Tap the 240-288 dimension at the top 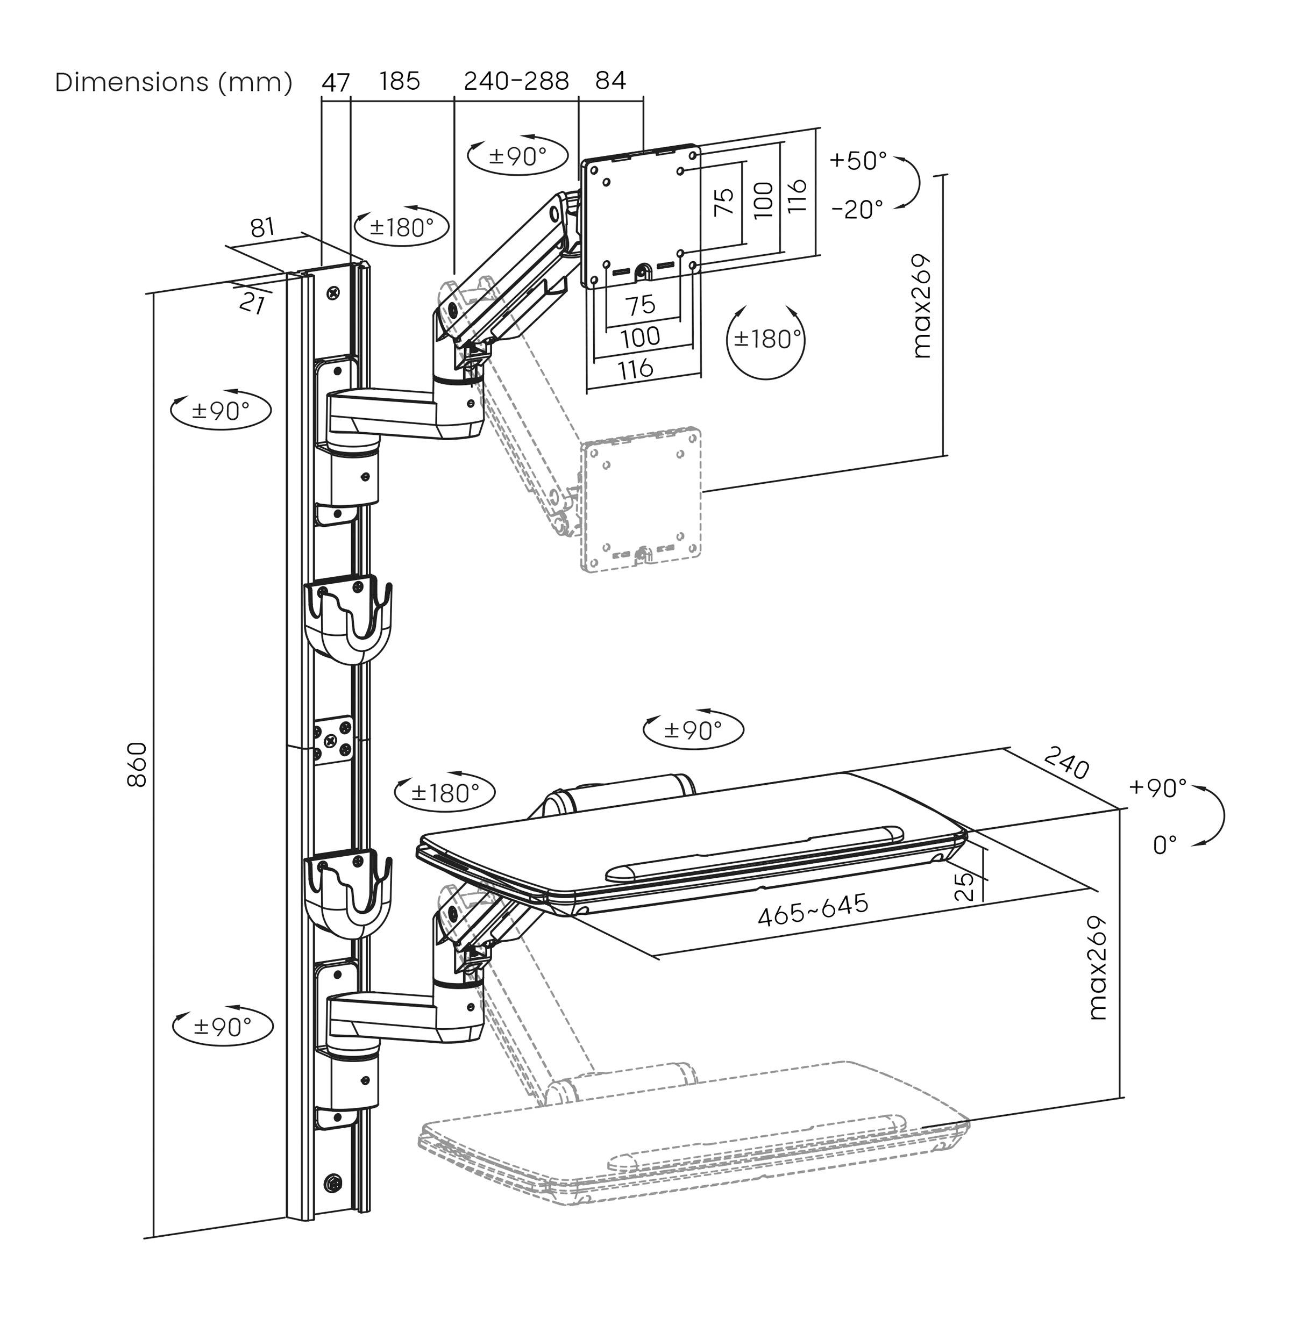(x=516, y=81)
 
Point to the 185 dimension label (x=400, y=81)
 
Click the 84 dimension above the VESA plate (x=610, y=81)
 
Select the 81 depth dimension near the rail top (x=262, y=227)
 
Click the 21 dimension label (x=252, y=303)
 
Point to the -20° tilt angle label (x=857, y=209)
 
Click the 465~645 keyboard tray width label (x=813, y=909)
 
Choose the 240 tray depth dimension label (x=1066, y=763)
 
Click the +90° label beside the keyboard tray (x=1157, y=788)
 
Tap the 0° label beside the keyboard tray (x=1164, y=845)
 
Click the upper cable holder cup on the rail (x=349, y=619)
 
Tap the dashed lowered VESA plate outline (x=640, y=500)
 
